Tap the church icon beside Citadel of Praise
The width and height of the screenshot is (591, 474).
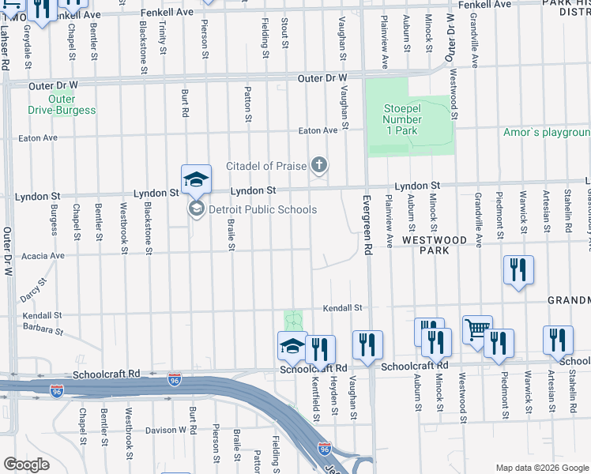click(319, 165)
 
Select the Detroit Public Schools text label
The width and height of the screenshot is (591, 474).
click(262, 209)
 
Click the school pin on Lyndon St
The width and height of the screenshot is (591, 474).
click(196, 179)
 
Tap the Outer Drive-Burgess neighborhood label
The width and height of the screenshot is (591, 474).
click(61, 104)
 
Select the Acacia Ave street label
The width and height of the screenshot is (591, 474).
click(44, 256)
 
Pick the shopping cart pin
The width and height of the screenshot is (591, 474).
click(477, 329)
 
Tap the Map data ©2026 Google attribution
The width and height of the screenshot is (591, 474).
click(541, 468)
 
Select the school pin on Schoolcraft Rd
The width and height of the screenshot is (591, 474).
click(292, 345)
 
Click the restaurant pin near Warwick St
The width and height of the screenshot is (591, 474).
click(518, 269)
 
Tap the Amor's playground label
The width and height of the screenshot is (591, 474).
click(547, 132)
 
